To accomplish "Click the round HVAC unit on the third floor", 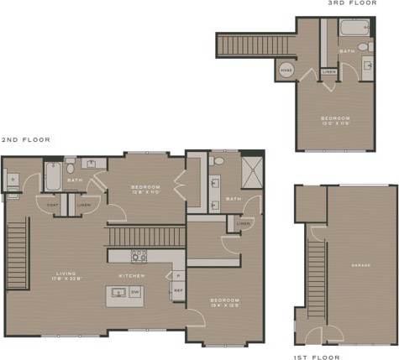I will tap(286, 70).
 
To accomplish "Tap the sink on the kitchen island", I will tap(118, 293).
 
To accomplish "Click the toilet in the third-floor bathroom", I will tap(364, 46).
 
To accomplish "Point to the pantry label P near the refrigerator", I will tap(177, 275).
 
